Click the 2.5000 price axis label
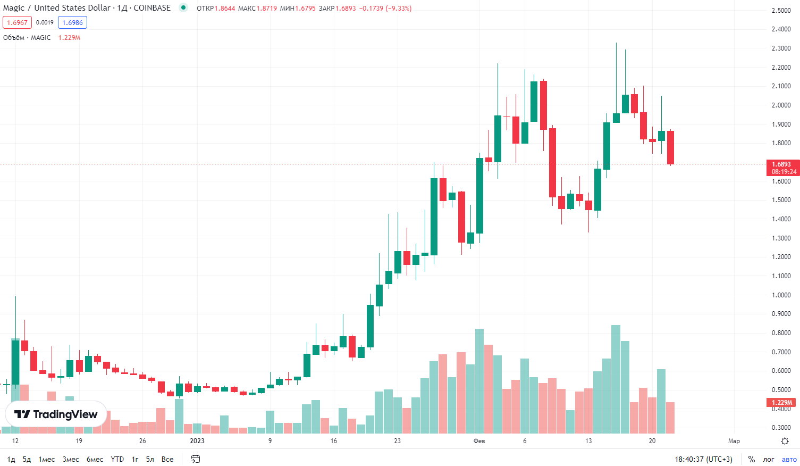pos(781,10)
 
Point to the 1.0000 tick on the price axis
pos(781,295)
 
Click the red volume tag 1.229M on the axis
pos(781,402)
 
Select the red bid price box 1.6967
pos(17,22)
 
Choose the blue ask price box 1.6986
pos(72,22)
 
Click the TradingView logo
pos(56,414)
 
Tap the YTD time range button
pos(117,459)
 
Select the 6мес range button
pos(95,459)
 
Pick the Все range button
pos(167,459)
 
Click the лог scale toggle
pos(769,459)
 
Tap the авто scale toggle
pos(789,459)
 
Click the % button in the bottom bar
pos(752,459)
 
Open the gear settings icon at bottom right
pos(785,441)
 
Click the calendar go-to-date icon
pos(196,459)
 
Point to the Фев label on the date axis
pos(479,441)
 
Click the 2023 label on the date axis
pos(197,441)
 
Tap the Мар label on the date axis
pos(734,441)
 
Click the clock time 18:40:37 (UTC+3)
pos(703,459)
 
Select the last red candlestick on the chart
pos(670,147)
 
